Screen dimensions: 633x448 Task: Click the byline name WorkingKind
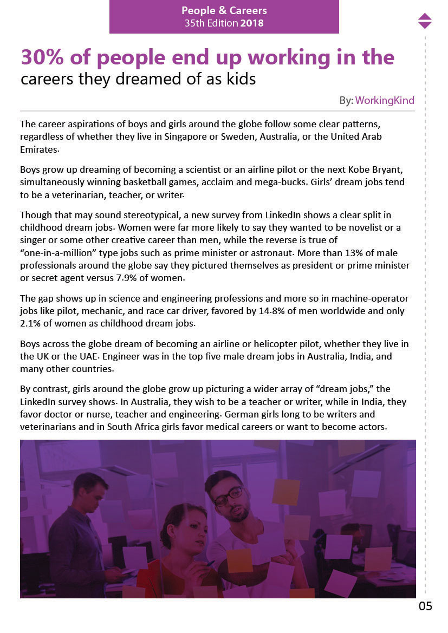(385, 100)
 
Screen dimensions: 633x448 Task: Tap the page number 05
(425, 606)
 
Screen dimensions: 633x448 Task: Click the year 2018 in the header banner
(252, 23)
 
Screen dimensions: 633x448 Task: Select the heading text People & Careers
(224, 11)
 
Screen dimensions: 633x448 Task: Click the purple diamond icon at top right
(425, 21)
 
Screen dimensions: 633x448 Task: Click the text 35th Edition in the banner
(211, 23)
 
